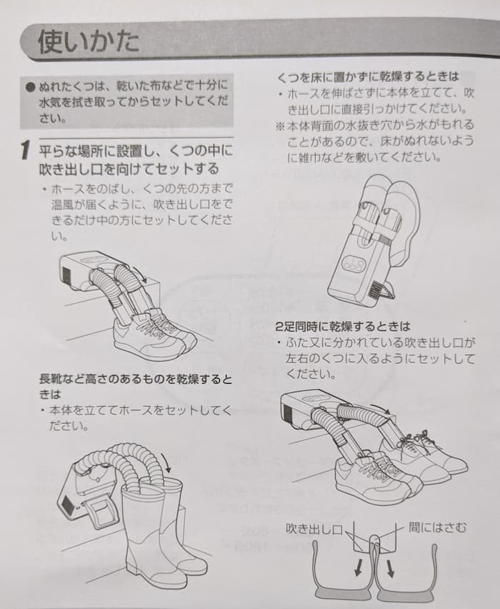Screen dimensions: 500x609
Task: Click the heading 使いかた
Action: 89,41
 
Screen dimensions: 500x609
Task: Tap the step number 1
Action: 25,150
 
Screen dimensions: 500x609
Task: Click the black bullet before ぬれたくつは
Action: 30,86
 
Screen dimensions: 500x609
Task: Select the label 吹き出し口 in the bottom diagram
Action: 314,528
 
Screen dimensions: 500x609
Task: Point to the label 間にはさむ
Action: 437,528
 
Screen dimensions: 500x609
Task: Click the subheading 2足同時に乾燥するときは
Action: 343,327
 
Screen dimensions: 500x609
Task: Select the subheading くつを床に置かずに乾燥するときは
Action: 368,77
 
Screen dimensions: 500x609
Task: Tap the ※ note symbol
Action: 280,126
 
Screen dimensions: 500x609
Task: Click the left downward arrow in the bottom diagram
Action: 359,568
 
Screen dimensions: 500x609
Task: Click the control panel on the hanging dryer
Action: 354,264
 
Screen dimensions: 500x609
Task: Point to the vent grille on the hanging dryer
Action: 376,289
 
